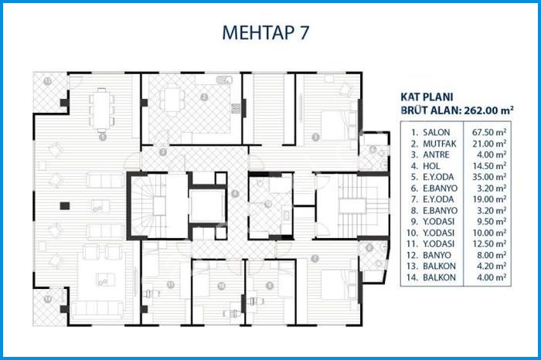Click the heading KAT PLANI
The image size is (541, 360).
pos(425,98)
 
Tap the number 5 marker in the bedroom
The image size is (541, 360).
pos(315,138)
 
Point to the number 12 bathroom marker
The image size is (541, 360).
pos(267,204)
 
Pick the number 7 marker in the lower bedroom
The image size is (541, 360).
pos(315,257)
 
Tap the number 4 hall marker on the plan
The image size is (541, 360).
pos(235,192)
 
